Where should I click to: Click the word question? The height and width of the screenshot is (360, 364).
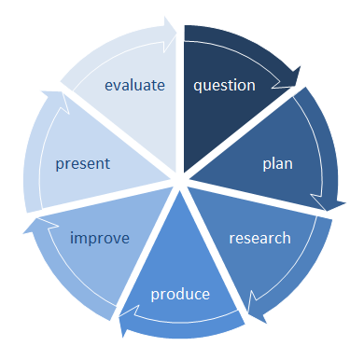coord(224,86)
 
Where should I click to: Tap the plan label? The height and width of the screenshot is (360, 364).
coord(277,164)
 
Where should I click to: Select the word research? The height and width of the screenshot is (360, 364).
coord(260,238)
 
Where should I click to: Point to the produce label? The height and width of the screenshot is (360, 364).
coord(181,296)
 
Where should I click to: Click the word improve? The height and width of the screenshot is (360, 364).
coord(100,238)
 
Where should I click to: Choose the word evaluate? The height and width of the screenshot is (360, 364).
coord(135,86)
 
